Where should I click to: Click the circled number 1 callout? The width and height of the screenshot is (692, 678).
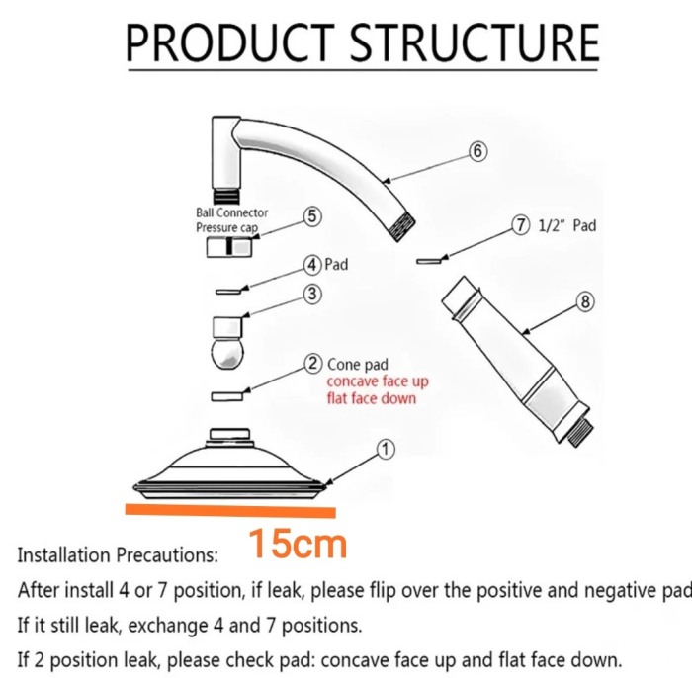[386, 450]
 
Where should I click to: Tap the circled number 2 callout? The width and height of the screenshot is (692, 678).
[312, 364]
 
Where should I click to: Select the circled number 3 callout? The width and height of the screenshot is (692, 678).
[311, 294]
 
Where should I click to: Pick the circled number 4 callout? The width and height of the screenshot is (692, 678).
[311, 265]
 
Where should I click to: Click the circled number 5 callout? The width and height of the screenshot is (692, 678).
[311, 215]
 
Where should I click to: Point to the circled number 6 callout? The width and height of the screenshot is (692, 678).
[477, 151]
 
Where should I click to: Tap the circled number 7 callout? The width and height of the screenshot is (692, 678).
[521, 225]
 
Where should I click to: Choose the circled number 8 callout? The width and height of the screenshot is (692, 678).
[585, 302]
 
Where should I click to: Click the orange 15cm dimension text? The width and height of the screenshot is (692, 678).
[297, 544]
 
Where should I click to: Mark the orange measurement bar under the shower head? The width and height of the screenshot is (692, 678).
[230, 511]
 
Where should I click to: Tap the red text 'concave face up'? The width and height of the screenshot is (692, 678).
[378, 381]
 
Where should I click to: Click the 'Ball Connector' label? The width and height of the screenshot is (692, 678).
[231, 212]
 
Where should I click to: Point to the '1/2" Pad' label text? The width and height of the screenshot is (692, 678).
[567, 226]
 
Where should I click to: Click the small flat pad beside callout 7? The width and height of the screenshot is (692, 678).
[431, 261]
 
